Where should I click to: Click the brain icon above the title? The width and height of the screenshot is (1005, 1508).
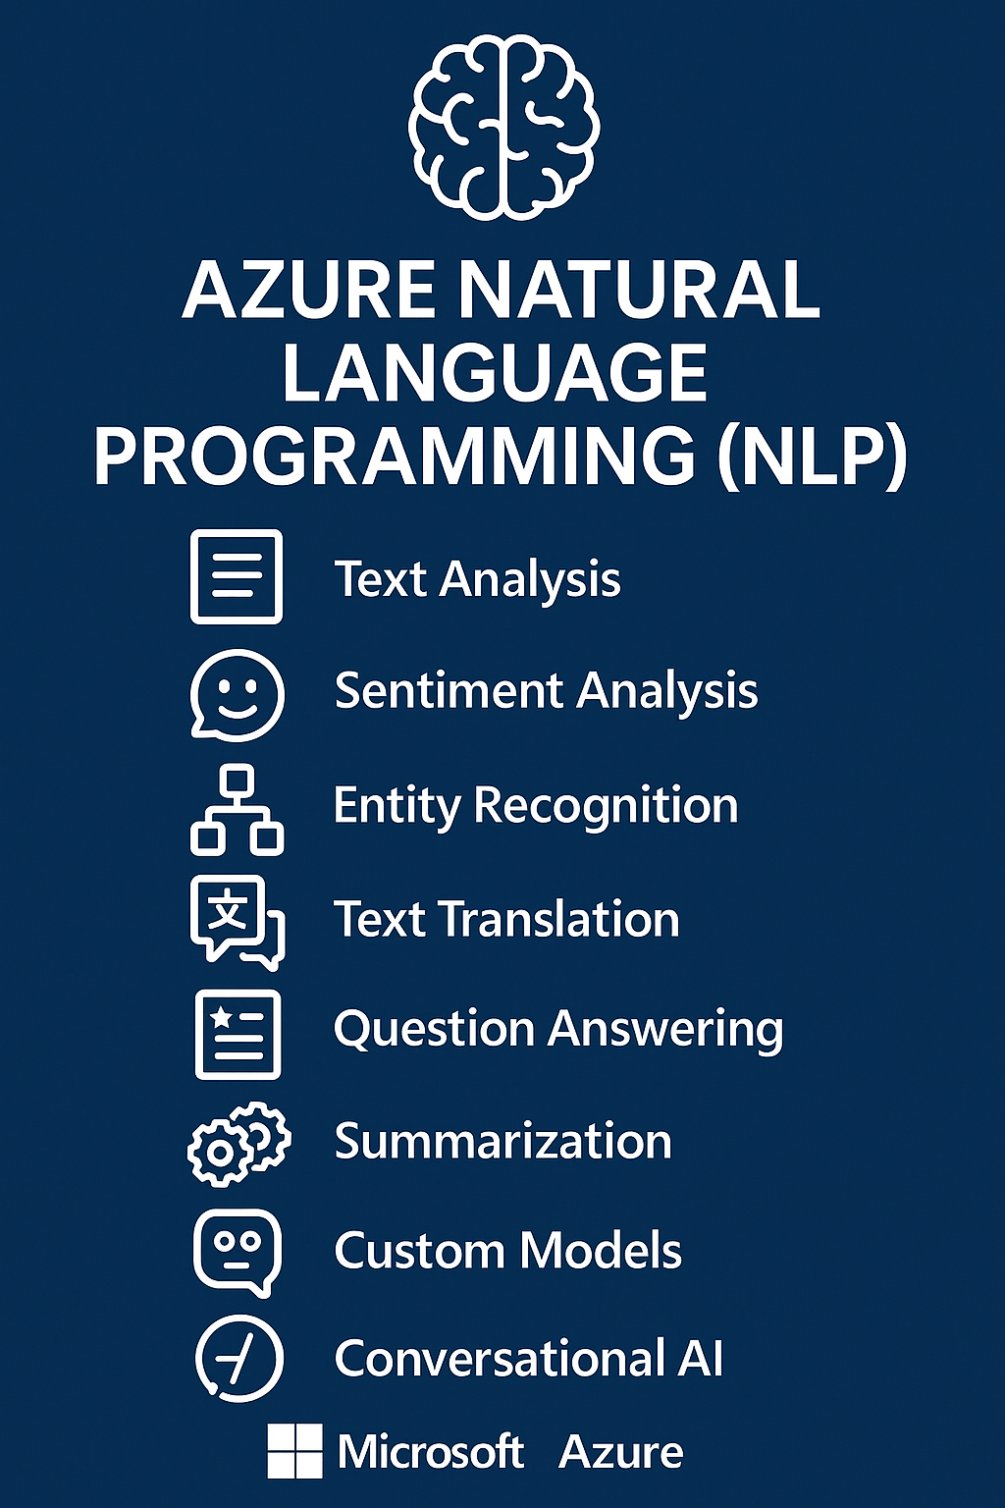tap(502, 126)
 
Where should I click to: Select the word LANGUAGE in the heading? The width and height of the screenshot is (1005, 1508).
tap(495, 373)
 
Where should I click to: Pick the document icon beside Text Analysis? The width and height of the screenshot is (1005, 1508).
tap(237, 576)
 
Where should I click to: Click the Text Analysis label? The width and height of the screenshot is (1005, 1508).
tap(477, 579)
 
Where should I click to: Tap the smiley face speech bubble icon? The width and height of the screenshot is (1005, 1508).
tap(237, 694)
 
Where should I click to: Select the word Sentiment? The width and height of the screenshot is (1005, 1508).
tap(447, 690)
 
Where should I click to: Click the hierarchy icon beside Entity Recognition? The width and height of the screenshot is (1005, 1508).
tap(237, 809)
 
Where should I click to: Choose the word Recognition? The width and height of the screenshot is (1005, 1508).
tap(606, 806)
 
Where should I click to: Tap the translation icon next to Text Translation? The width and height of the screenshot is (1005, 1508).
tap(237, 921)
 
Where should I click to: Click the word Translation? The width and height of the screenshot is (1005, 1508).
tap(558, 920)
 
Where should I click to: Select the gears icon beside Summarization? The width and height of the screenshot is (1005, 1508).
tap(238, 1143)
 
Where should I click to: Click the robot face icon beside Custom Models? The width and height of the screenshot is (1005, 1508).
tap(238, 1251)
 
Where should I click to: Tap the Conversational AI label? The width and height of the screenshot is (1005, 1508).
tap(528, 1359)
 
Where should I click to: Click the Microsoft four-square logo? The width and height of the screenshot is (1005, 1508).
tap(294, 1451)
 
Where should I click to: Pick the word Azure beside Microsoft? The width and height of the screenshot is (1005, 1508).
tap(620, 1452)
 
